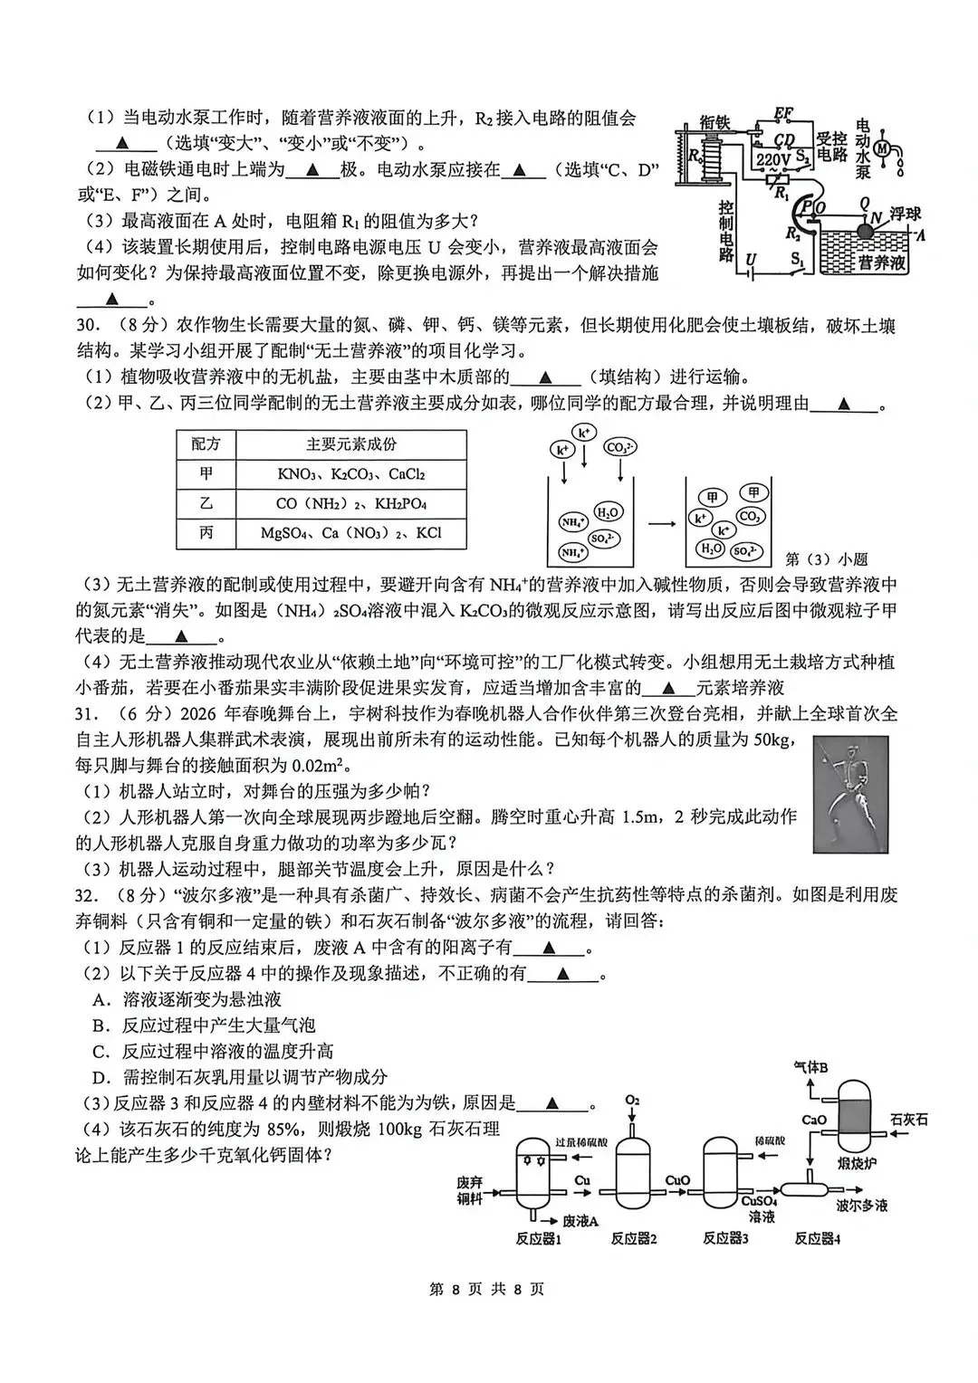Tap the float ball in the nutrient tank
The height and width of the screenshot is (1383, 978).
pyautogui.click(x=864, y=232)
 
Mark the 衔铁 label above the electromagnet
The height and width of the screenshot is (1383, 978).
pyautogui.click(x=715, y=123)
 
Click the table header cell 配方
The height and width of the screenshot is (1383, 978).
pyautogui.click(x=206, y=444)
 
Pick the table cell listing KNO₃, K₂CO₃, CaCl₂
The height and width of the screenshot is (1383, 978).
pyautogui.click(x=351, y=473)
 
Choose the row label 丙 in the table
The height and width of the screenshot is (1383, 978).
pyautogui.click(x=206, y=532)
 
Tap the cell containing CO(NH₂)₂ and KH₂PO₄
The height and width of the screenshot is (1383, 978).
pyautogui.click(x=351, y=503)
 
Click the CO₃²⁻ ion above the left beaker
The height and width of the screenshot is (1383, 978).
pyautogui.click(x=620, y=447)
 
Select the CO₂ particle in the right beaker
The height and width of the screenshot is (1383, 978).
pyautogui.click(x=749, y=516)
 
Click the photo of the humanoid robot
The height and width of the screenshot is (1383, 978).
pyautogui.click(x=851, y=794)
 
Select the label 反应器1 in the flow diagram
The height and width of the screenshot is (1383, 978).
pyautogui.click(x=538, y=1239)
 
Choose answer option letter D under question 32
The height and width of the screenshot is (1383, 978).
pyautogui.click(x=101, y=1077)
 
